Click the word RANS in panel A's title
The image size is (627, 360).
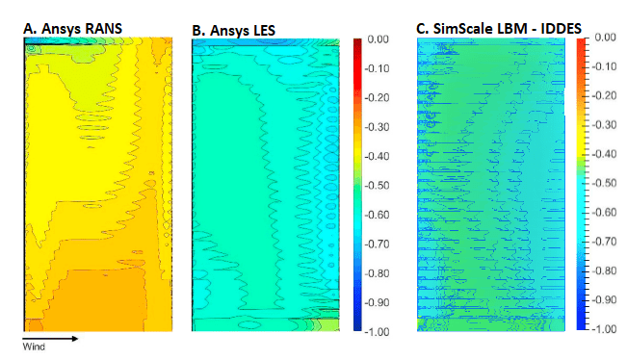point(103,29)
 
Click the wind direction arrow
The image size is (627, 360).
point(49,339)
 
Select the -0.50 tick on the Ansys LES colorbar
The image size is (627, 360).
point(378,185)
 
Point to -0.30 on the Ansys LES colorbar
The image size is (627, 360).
point(378,127)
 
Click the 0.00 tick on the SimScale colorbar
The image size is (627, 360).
point(605,37)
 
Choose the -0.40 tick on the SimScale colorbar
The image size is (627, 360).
point(603,153)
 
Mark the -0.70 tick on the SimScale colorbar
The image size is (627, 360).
point(603,241)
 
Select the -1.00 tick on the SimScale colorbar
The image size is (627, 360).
point(603,327)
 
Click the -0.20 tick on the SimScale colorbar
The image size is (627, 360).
point(603,95)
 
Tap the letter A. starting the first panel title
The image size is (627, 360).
point(29,29)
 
